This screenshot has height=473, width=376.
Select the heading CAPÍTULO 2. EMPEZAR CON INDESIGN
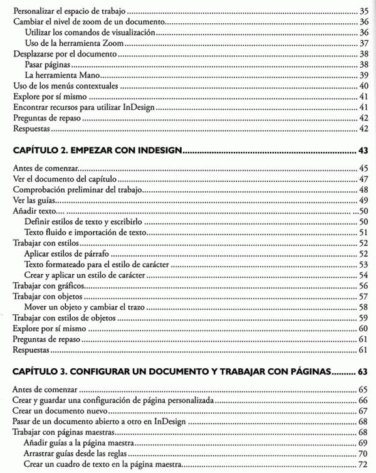tap(97, 151)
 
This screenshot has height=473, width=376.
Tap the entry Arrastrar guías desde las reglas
tap(79, 453)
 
